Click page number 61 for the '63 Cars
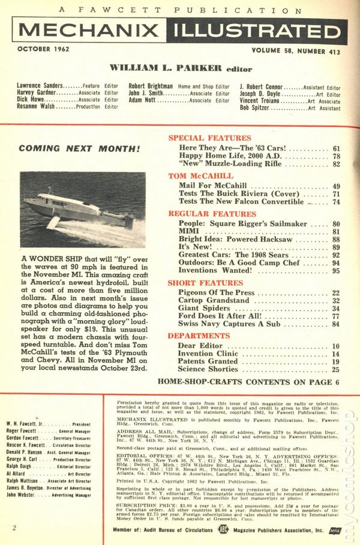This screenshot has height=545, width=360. tap(336, 148)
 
